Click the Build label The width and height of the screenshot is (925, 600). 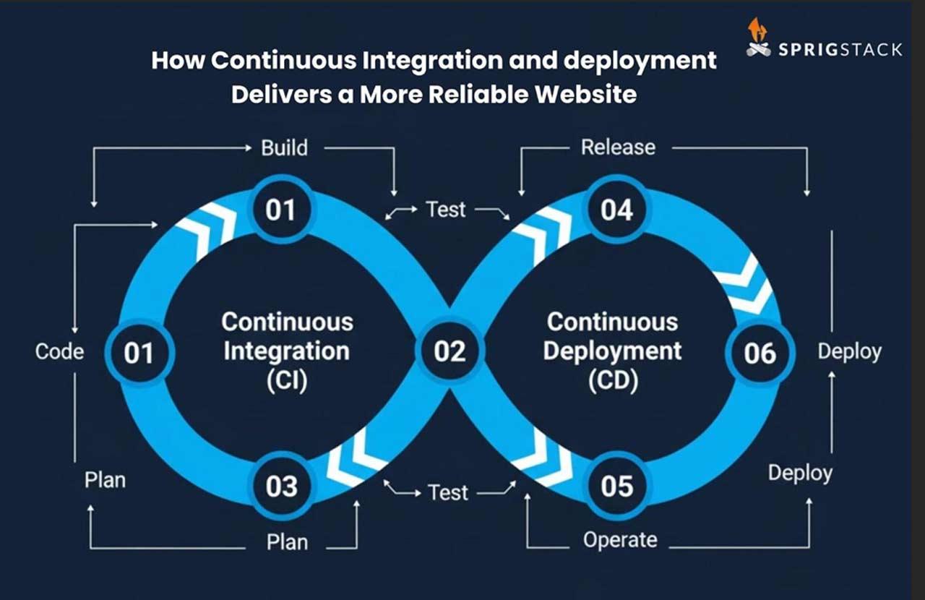(x=284, y=148)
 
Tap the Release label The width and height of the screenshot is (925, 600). (x=618, y=147)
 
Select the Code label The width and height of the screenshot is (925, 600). (x=59, y=352)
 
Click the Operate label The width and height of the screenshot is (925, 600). (x=620, y=540)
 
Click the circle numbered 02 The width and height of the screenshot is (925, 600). (x=450, y=352)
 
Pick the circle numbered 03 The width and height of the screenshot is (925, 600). (x=282, y=487)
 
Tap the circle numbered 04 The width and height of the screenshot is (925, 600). (x=616, y=210)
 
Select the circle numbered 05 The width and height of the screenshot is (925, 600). (x=616, y=487)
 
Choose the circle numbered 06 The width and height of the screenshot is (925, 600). (x=760, y=353)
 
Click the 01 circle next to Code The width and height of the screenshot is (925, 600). (x=139, y=353)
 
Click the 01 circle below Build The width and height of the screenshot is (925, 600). (x=280, y=210)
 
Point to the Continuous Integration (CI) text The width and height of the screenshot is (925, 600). (x=287, y=351)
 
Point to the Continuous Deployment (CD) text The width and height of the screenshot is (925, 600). (x=612, y=351)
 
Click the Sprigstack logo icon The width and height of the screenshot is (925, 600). (x=758, y=38)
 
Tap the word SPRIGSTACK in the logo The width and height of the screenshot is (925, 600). (x=840, y=50)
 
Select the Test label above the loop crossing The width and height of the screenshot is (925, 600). (x=446, y=210)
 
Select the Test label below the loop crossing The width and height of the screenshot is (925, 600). (x=448, y=493)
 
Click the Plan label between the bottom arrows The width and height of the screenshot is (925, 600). (x=287, y=542)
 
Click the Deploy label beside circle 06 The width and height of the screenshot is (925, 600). (x=849, y=352)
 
